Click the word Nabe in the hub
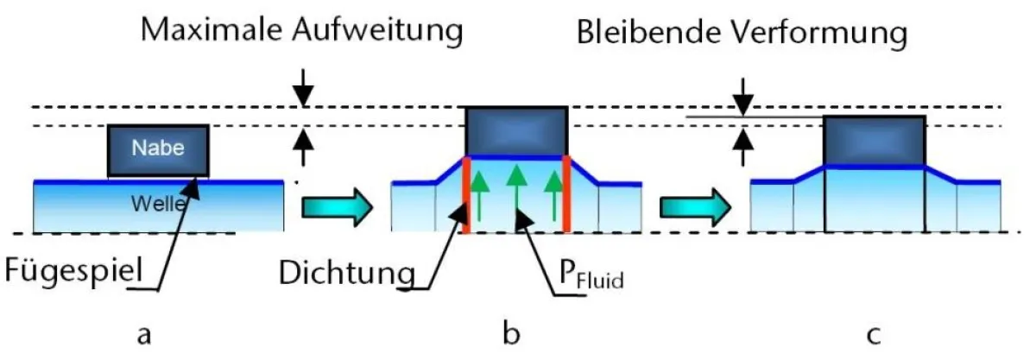[157, 147]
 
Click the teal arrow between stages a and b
[338, 207]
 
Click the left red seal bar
[465, 195]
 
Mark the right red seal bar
[566, 195]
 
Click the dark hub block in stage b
[515, 132]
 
